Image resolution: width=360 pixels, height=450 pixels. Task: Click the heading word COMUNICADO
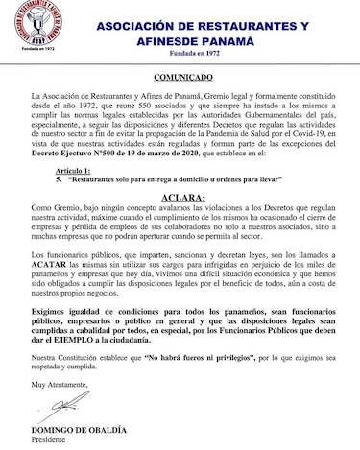(x=180, y=83)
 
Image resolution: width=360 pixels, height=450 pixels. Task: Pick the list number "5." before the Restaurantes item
(x=59, y=178)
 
